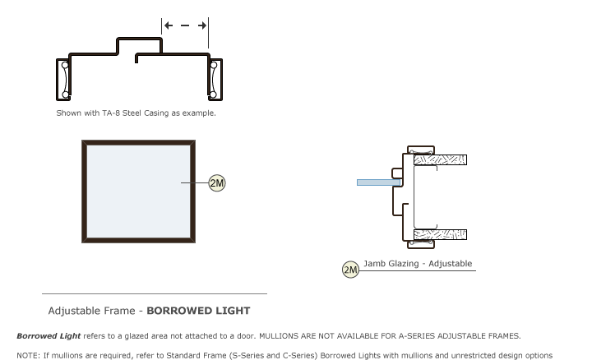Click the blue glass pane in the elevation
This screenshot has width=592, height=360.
pyautogui.click(x=138, y=191)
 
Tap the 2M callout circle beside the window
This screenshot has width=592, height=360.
pyautogui.click(x=217, y=183)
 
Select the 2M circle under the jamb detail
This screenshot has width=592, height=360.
pyautogui.click(x=350, y=269)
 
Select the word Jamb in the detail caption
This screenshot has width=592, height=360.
pyautogui.click(x=376, y=264)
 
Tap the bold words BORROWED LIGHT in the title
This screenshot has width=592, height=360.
pyautogui.click(x=198, y=311)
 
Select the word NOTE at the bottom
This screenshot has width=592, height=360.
pyautogui.click(x=27, y=355)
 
